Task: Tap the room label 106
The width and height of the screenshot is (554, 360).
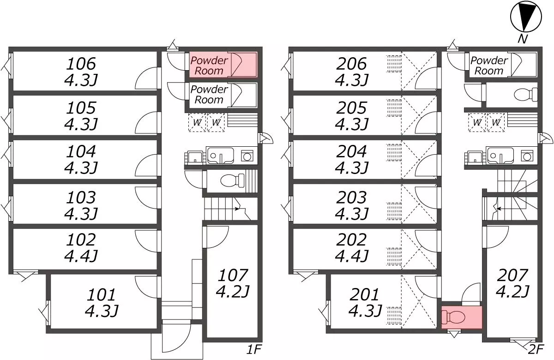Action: coord(81,64)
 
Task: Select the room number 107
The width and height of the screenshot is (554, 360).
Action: coord(233,275)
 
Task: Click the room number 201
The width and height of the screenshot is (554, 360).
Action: coord(364,294)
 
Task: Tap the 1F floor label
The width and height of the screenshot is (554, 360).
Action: coord(254,349)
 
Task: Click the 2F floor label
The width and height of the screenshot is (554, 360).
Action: coord(536,349)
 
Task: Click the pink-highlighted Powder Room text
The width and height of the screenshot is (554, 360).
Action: coord(209,65)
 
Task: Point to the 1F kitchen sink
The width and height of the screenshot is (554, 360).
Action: coord(220,156)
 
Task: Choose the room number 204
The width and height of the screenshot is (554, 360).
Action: coord(351,151)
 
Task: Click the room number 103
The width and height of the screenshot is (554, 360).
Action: coord(81,198)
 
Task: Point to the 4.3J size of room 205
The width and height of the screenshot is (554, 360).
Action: coord(352,124)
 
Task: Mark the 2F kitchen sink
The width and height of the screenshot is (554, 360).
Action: coord(500,156)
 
